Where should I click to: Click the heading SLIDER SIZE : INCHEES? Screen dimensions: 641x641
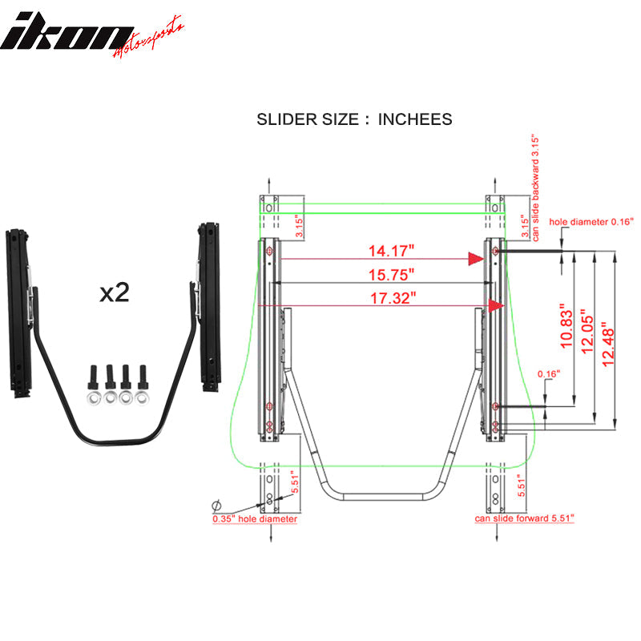pyautogui.click(x=354, y=119)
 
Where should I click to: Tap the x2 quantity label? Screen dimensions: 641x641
pyautogui.click(x=115, y=293)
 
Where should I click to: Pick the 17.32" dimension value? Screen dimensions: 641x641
pyautogui.click(x=390, y=298)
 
